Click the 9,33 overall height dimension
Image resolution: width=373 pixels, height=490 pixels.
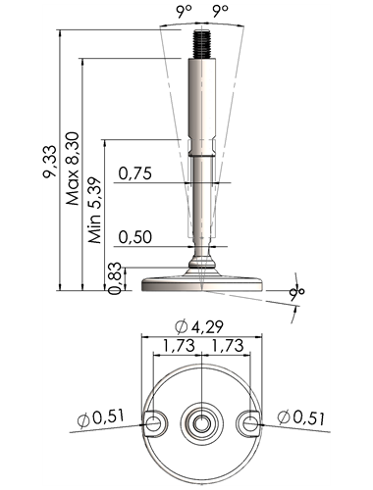point(49,162)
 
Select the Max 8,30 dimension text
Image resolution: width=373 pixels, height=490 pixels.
point(73,169)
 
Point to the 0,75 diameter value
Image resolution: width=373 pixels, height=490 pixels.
point(135,173)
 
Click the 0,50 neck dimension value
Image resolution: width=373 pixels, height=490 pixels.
point(135,237)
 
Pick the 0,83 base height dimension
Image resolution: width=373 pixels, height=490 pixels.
point(115,278)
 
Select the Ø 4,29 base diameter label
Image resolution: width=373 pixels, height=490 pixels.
point(199,327)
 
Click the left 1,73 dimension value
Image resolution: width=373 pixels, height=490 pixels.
point(179,346)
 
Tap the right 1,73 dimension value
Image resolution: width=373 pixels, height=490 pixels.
point(228,346)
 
